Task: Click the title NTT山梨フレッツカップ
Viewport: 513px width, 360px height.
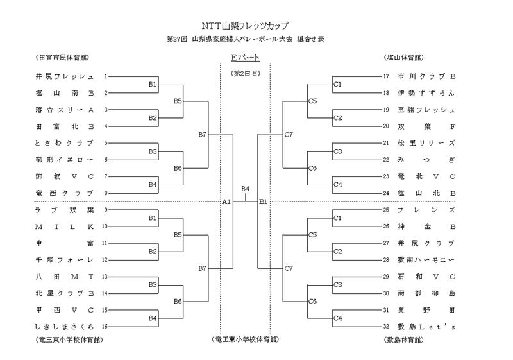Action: (245, 26)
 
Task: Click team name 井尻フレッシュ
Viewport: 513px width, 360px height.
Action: (65, 76)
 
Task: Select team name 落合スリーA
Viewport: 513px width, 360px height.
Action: (65, 110)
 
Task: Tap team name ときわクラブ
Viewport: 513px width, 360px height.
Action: (65, 142)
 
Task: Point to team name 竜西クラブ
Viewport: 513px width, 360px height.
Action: (65, 193)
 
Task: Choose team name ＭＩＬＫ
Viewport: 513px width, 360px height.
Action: (65, 227)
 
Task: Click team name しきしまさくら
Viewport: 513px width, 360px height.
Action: (65, 326)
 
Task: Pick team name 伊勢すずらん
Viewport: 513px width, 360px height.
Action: (426, 92)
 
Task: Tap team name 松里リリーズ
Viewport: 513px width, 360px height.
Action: (426, 142)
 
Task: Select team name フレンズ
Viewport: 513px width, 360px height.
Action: (426, 210)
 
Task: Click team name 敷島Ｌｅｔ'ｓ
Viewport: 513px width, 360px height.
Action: (426, 326)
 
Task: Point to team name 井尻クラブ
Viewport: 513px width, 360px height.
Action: (426, 243)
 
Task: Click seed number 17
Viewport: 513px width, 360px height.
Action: (386, 76)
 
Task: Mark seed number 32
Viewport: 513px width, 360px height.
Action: (386, 326)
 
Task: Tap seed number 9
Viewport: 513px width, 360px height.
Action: (106, 210)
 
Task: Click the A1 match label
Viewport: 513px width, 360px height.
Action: (226, 201)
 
